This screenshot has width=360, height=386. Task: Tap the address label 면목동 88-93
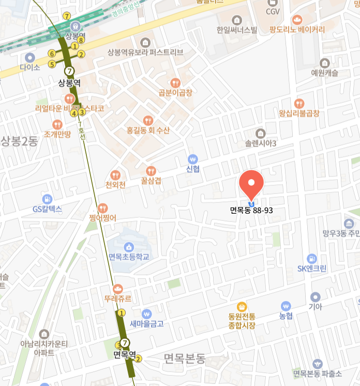(x=252, y=210)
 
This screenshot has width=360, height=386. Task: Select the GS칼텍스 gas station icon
(x=48, y=199)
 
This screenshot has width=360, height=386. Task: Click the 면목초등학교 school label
(x=129, y=257)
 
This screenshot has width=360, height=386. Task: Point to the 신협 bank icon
(x=193, y=159)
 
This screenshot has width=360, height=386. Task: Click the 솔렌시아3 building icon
(x=261, y=132)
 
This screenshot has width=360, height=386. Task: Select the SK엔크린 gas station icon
(x=312, y=258)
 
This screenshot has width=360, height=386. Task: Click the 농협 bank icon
(x=286, y=305)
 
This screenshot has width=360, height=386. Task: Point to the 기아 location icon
(x=315, y=296)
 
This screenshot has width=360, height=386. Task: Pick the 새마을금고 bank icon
(x=146, y=314)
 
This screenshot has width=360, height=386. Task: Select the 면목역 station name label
(x=124, y=355)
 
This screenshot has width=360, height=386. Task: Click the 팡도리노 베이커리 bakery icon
(x=297, y=20)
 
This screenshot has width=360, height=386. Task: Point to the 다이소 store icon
(x=30, y=57)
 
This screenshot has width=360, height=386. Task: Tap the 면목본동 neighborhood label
(x=184, y=358)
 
